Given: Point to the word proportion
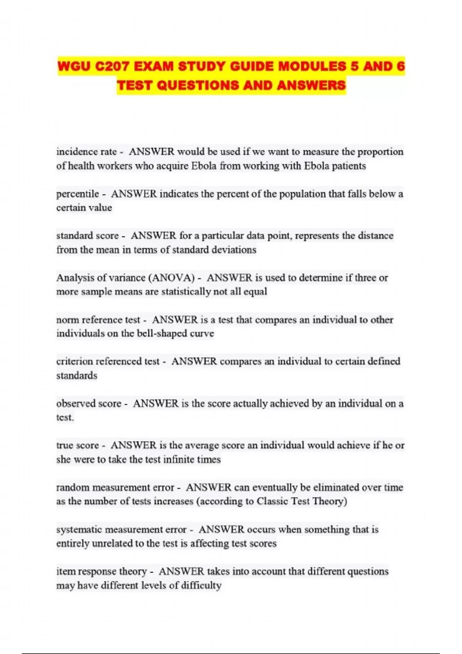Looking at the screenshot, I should click(x=380, y=152).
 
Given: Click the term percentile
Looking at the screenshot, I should click(x=77, y=194).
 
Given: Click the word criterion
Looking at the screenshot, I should click(x=74, y=361).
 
